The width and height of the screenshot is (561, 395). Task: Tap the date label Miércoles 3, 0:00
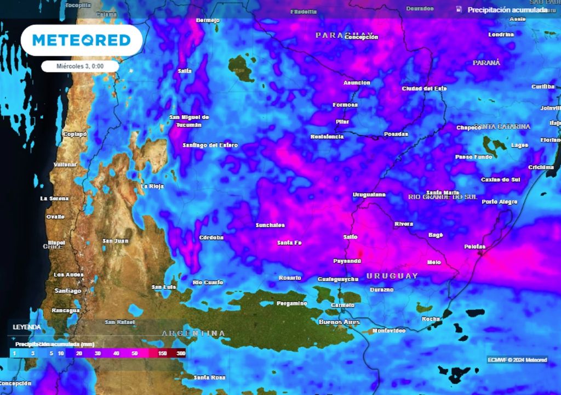[80, 66]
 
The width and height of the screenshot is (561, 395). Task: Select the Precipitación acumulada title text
[507, 10]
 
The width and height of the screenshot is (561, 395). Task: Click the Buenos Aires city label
[339, 322]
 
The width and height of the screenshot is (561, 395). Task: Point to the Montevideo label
[388, 331]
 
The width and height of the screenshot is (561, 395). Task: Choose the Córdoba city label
[211, 238]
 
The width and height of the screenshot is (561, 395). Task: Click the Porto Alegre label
[500, 202]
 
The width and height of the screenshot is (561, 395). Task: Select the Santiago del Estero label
[210, 145]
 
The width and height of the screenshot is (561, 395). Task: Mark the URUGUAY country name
[392, 275]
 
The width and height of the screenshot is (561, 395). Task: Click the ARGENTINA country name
[193, 333]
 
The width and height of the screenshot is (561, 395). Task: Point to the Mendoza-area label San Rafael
[118, 322]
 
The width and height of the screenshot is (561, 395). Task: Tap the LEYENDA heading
[27, 327]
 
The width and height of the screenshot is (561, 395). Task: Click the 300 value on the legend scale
[181, 353]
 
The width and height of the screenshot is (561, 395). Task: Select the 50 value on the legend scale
[135, 353]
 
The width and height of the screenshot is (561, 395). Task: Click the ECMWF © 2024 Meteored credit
[517, 360]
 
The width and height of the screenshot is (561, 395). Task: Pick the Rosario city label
[290, 278]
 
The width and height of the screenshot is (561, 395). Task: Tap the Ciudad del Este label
[424, 88]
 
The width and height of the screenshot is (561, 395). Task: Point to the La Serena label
[55, 198]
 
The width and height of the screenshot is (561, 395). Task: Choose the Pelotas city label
[475, 247]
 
